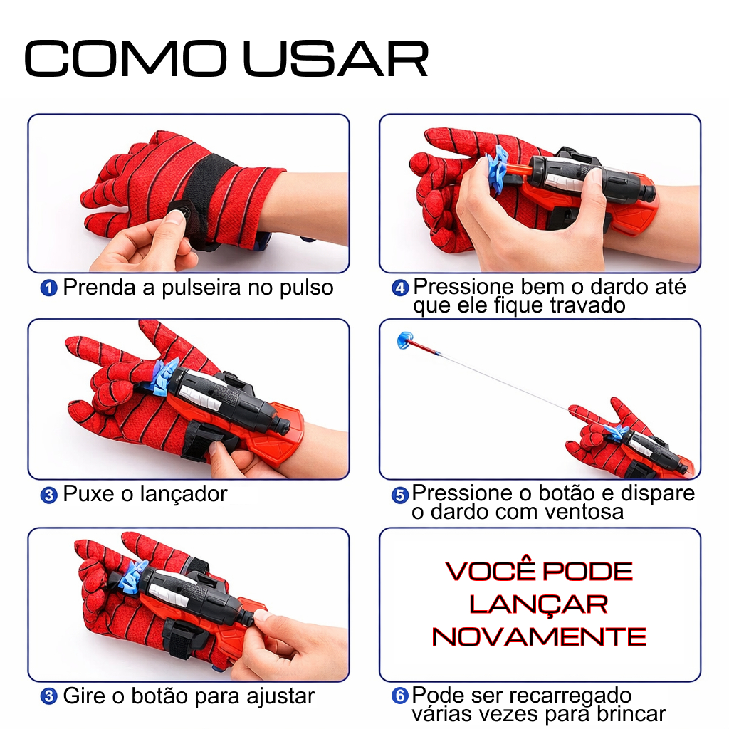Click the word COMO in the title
(x=125, y=58)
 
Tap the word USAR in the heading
(x=336, y=58)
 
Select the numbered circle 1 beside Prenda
(x=49, y=288)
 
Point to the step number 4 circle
(x=400, y=288)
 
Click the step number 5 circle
(x=400, y=495)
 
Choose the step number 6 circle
(x=400, y=696)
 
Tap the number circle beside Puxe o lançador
(x=49, y=495)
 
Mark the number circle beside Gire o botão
(x=49, y=696)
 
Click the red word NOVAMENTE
(x=540, y=637)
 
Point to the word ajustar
(x=280, y=697)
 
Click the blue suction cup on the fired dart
(x=405, y=340)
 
